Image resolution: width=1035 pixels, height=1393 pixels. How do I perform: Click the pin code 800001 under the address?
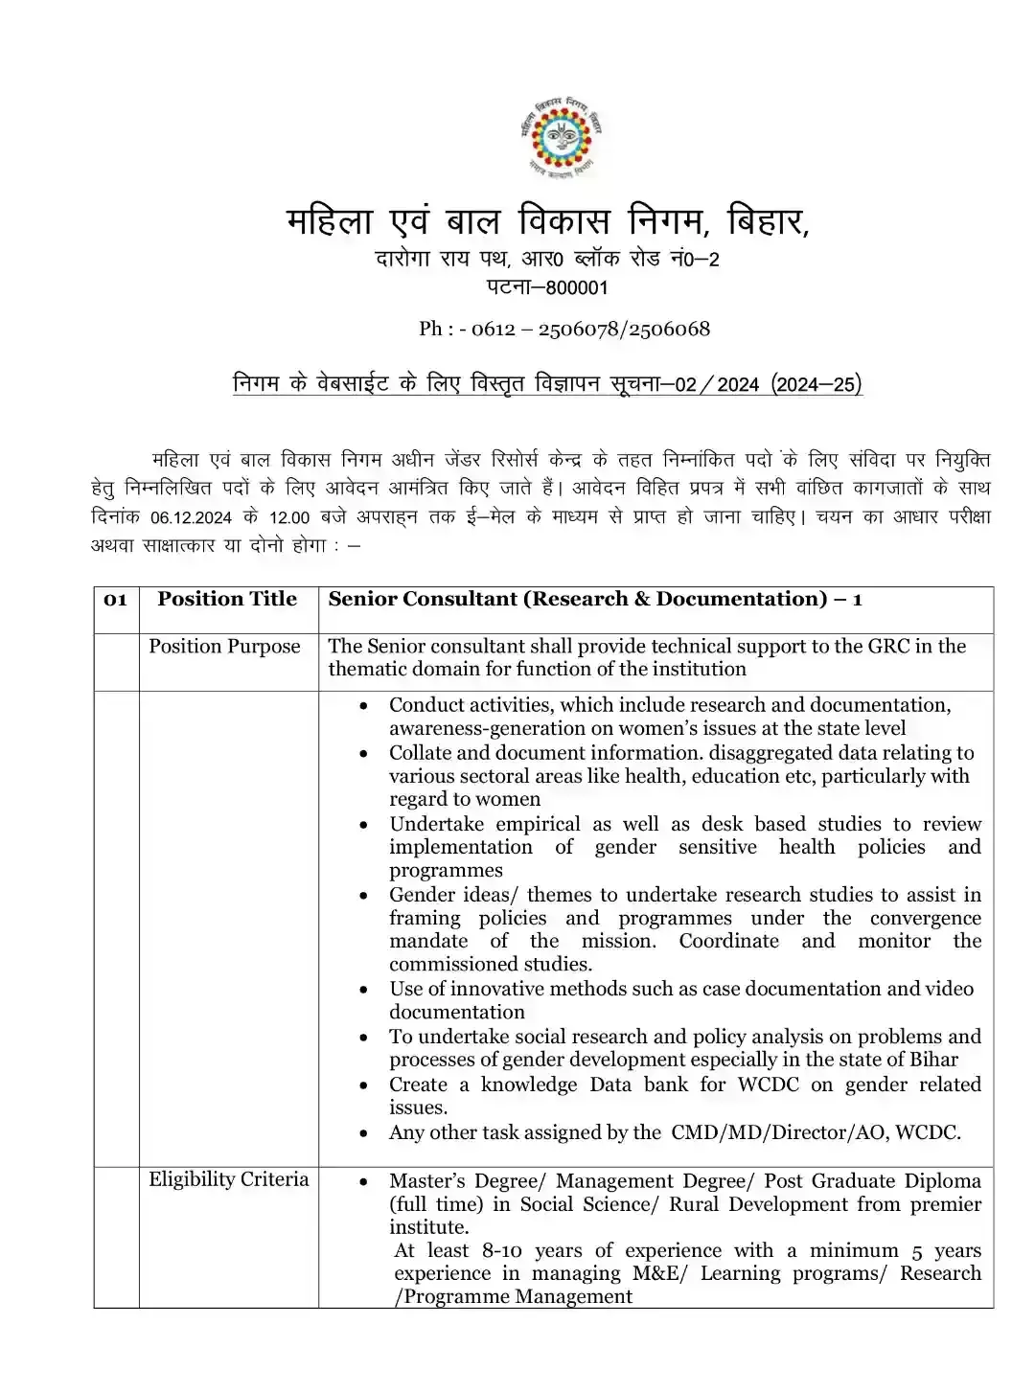click(576, 287)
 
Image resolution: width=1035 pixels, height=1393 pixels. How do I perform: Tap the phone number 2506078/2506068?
click(624, 329)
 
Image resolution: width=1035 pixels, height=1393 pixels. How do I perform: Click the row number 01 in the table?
click(115, 600)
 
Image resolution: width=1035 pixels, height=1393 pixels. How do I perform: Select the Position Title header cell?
click(227, 599)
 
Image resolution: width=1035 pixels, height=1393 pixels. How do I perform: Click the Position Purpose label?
click(224, 647)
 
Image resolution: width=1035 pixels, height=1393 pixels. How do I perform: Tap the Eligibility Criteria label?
click(228, 1179)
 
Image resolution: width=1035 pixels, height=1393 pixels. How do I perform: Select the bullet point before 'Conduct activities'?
click(363, 706)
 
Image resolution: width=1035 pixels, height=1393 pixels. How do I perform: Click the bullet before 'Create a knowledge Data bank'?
click(363, 1085)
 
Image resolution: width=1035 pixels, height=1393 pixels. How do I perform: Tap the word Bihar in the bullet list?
click(930, 1060)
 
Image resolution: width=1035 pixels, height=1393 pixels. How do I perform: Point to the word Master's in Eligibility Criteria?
click(426, 1181)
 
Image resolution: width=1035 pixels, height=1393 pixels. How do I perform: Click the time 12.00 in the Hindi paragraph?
click(289, 517)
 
